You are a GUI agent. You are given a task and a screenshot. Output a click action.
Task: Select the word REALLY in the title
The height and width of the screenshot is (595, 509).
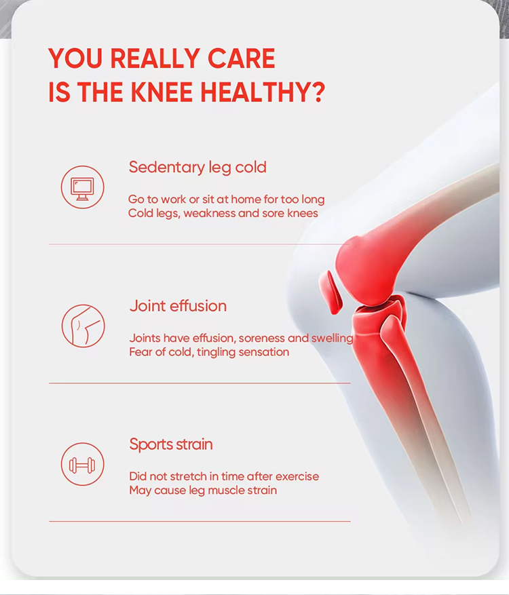155,58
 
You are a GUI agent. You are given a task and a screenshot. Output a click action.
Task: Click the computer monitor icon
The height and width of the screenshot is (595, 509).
82,187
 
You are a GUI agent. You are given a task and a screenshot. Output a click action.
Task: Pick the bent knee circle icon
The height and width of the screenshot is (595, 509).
83,326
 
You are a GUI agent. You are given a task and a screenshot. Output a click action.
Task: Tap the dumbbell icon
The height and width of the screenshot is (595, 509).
82,464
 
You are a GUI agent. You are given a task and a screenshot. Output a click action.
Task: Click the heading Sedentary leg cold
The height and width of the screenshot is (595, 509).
197,168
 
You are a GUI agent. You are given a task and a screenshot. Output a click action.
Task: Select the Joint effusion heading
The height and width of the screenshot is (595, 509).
178,306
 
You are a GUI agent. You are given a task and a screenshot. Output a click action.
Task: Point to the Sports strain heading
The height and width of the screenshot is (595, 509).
171,444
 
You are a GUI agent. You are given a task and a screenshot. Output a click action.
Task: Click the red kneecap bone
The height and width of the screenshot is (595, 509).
331,292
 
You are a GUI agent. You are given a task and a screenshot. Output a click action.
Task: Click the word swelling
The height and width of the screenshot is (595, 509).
332,339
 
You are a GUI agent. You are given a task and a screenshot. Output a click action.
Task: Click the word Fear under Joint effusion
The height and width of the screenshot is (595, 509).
140,352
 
